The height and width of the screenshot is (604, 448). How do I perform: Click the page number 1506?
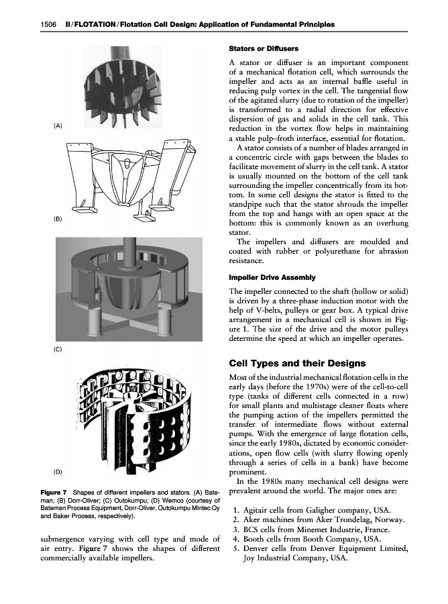point(48,25)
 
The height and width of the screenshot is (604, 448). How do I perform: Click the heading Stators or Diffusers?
point(264,49)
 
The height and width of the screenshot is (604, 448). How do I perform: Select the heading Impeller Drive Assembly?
point(272,277)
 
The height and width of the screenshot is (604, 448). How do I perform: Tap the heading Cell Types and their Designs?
point(297,363)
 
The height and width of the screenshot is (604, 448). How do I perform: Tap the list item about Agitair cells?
point(312,511)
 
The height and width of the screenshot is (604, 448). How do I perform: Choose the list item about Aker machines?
point(319,520)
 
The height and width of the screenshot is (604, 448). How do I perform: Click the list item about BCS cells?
point(311,530)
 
